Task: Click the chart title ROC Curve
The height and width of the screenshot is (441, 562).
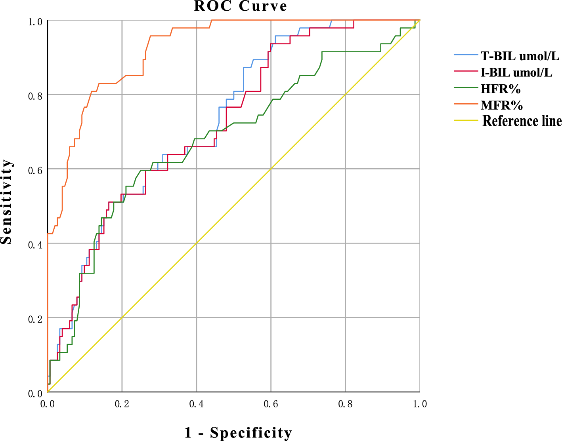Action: pos(241,6)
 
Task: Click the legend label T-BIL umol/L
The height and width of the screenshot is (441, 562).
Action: pos(520,56)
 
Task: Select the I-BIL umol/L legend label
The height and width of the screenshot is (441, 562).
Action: pos(516,72)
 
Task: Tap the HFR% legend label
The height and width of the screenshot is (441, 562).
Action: pos(500,89)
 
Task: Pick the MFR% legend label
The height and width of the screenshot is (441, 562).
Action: pos(501,105)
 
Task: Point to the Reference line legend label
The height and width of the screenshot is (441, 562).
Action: pos(522,121)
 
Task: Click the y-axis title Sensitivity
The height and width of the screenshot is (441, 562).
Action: pos(7,202)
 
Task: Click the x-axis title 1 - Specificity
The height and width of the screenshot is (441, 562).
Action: pos(238,433)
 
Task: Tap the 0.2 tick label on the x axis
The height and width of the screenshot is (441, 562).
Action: pos(122,404)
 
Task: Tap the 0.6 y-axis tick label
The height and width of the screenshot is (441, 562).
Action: pos(36,170)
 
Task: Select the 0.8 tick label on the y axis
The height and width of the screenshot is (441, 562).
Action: pos(36,96)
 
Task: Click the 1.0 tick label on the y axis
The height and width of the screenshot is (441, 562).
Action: pos(36,22)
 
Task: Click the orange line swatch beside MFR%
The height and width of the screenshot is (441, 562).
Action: pos(466,105)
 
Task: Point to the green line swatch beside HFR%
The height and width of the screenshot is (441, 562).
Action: pos(466,88)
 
